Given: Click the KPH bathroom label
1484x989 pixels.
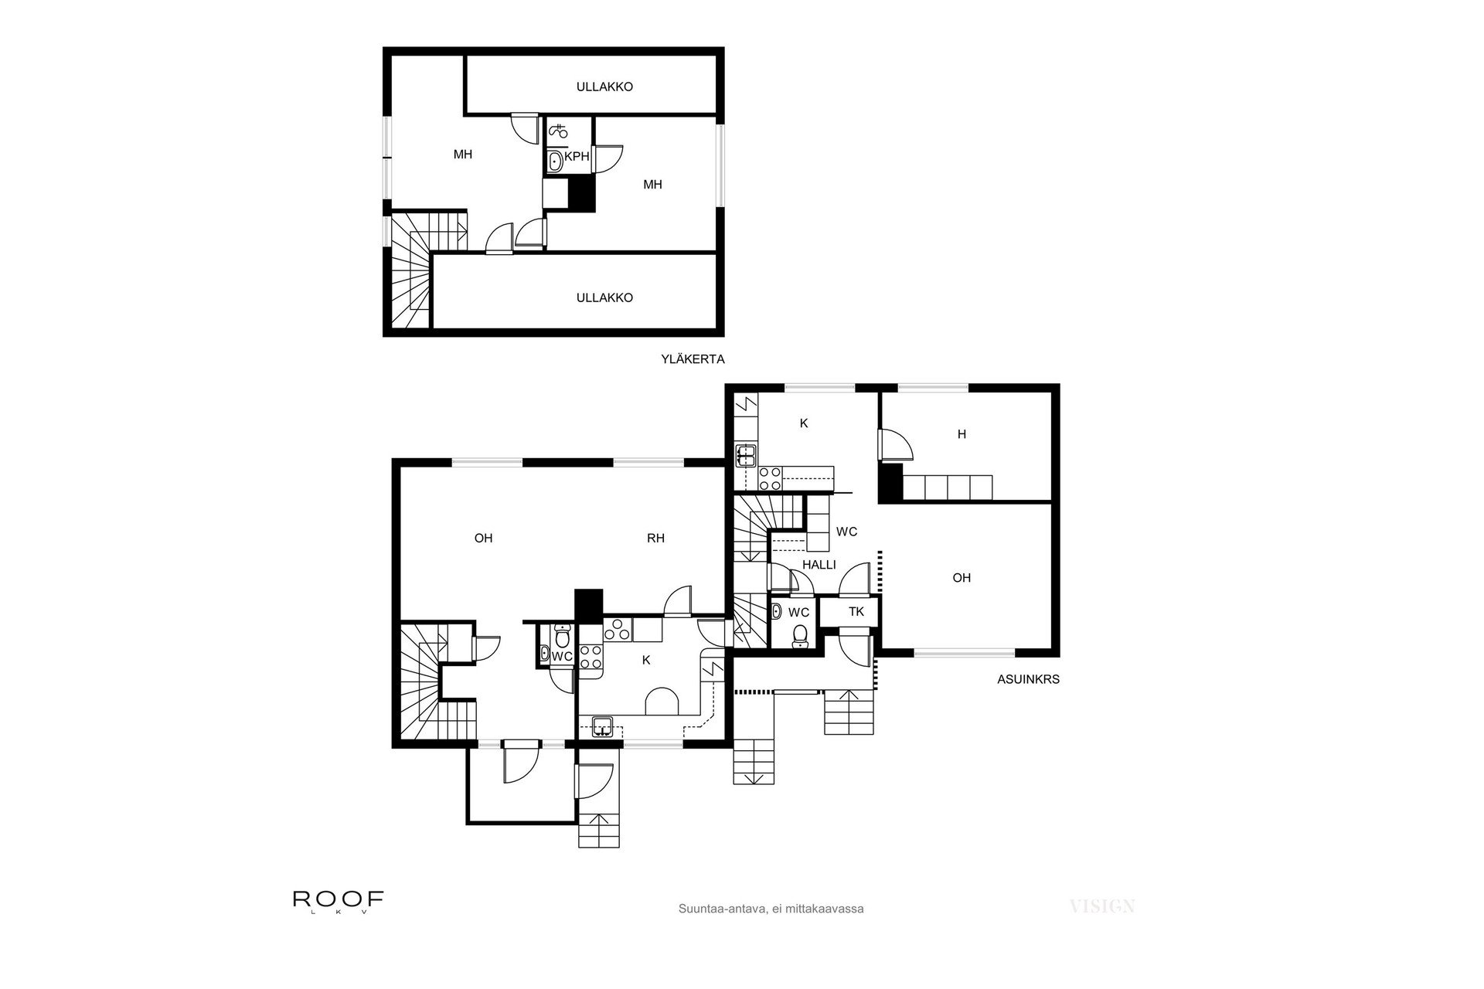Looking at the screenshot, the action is (577, 156).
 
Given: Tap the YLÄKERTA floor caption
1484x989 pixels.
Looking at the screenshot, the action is (693, 359).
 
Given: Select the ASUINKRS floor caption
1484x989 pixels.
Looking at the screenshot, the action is (1028, 680).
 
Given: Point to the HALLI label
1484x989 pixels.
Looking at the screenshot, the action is (819, 565).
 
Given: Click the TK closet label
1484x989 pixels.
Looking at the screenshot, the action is (856, 612).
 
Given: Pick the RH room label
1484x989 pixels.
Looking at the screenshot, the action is (655, 539).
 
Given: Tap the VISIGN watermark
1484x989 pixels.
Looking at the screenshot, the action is (1102, 906).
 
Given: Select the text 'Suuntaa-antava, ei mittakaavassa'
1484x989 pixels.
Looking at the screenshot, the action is (771, 909).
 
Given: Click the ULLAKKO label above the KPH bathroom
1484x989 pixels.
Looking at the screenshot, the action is (604, 87).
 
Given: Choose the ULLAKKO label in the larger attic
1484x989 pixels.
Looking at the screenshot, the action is (604, 297).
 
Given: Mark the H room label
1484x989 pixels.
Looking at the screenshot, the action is (962, 434).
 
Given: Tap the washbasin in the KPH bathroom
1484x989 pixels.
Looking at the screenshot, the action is (555, 161).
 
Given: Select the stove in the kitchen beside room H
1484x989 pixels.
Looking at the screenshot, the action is (770, 478).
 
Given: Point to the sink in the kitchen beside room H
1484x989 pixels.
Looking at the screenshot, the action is (746, 455).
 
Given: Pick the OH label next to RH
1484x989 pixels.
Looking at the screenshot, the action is (483, 539).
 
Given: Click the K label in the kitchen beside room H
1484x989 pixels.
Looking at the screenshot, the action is (804, 423).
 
